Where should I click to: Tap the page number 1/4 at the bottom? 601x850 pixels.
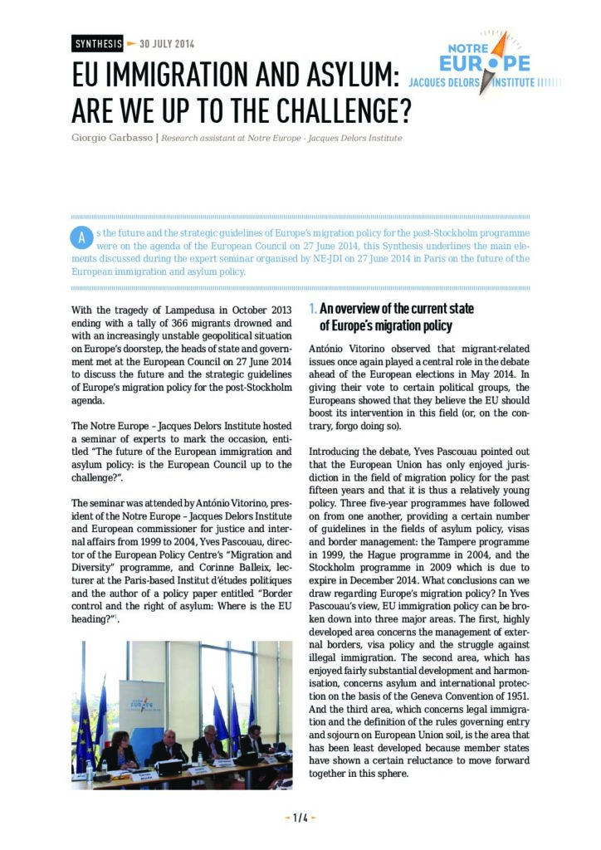pyautogui.click(x=300, y=818)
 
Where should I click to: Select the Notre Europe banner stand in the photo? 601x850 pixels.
pyautogui.click(x=141, y=710)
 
